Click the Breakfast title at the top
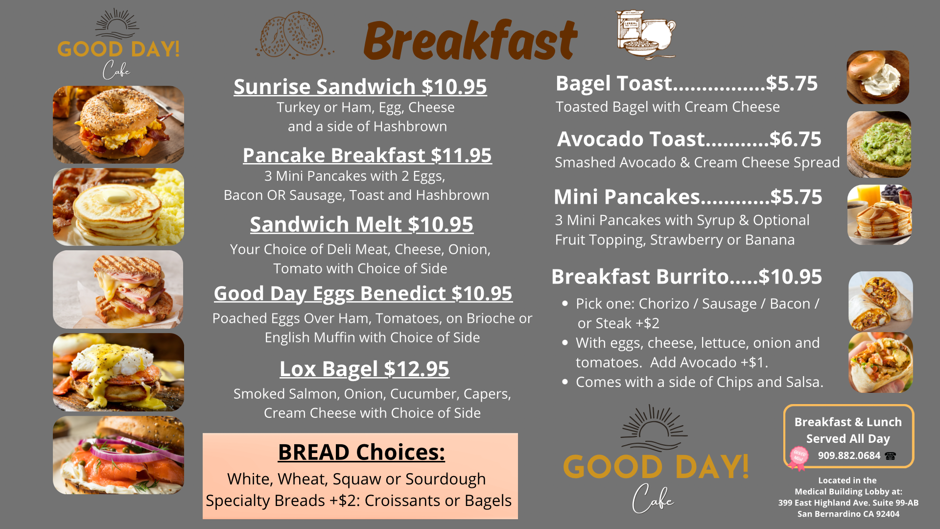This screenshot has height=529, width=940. pos(470,40)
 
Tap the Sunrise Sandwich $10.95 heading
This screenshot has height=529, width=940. pos(360,87)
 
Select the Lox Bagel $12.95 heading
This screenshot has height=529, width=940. pos(364,369)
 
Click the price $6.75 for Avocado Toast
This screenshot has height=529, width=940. pos(795,139)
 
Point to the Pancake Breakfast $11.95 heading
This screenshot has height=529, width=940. pos(367,155)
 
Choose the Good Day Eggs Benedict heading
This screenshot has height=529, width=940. pos(363,293)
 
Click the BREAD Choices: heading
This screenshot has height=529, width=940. pos(361,452)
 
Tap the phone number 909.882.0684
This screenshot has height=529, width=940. pos(849,456)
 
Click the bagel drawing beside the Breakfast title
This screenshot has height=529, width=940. pos(294,34)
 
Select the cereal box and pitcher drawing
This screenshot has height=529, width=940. pos(646,34)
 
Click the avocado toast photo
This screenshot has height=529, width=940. pos(879,144)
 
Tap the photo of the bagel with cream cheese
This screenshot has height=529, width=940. pos(878,77)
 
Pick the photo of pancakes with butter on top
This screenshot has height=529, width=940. pos(118,207)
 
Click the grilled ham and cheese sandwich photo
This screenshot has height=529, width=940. pos(118,289)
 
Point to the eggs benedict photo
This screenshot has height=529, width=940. pos(118,372)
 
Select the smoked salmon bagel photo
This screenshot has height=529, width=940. pos(118,455)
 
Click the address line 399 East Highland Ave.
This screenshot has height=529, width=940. pos(848,503)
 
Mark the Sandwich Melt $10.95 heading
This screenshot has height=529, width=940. pos(361,224)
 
